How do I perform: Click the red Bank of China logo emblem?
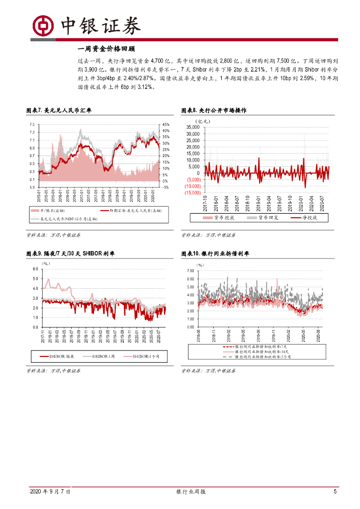pyautogui.click(x=43, y=25)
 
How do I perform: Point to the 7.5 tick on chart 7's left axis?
pyautogui.click(x=32, y=124)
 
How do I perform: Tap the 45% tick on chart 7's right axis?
pyautogui.click(x=166, y=124)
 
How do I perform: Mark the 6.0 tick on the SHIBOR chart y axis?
pyautogui.click(x=35, y=269)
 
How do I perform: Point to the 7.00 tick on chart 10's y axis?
pyautogui.click(x=190, y=271)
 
